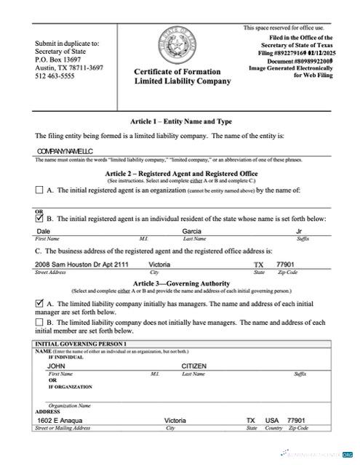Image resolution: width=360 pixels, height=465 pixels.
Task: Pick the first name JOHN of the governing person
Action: (56, 366)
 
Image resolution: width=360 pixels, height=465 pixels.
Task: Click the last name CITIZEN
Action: (194, 366)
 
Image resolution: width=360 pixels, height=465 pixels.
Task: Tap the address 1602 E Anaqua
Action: (60, 421)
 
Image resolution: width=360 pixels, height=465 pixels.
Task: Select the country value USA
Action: (272, 421)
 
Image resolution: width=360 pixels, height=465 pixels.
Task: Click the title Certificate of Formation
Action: (182, 71)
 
